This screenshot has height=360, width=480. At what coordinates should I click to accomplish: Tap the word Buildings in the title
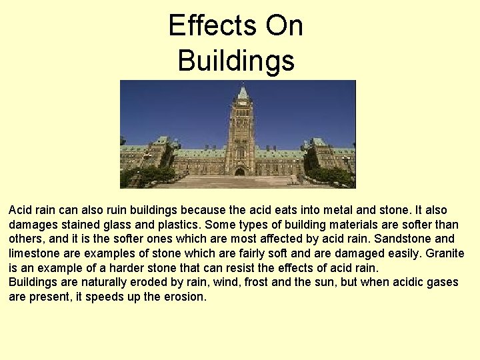tap(236, 61)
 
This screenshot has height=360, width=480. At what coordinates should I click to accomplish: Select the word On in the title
tap(285, 26)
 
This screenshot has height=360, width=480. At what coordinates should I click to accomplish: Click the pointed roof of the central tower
tap(242, 92)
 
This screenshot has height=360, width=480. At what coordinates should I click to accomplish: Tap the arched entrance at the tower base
tap(240, 171)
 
